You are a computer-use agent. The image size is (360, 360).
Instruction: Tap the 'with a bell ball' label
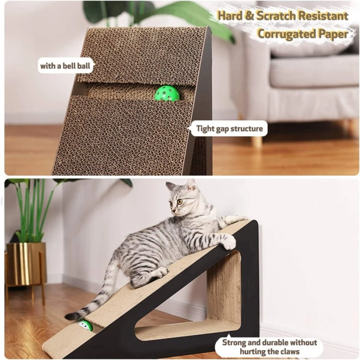65,66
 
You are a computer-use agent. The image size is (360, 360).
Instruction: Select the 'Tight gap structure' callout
229,129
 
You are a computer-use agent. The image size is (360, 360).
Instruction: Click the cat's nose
173,211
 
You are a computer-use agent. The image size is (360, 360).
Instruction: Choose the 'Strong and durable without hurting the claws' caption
269,347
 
